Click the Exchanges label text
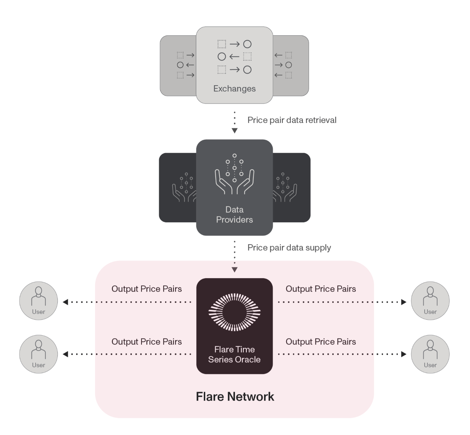coord(234,89)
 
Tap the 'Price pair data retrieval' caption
coord(292,120)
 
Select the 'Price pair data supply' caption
coord(289,248)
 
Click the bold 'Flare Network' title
coord(235,397)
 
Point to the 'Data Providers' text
coord(234,215)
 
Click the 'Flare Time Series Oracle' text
coord(234,354)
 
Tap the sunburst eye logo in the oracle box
coord(234,312)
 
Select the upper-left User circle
coord(38,301)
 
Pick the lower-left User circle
coord(38,354)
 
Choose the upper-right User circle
coord(430,301)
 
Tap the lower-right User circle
coord(430,354)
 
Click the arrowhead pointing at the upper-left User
coord(65,302)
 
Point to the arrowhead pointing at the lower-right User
coord(404,354)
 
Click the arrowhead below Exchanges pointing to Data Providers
coord(235,131)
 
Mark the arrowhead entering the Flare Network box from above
coord(235,270)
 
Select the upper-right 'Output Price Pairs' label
coord(320,289)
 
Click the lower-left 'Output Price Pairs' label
coord(146,342)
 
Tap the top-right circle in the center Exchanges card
coord(247,44)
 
